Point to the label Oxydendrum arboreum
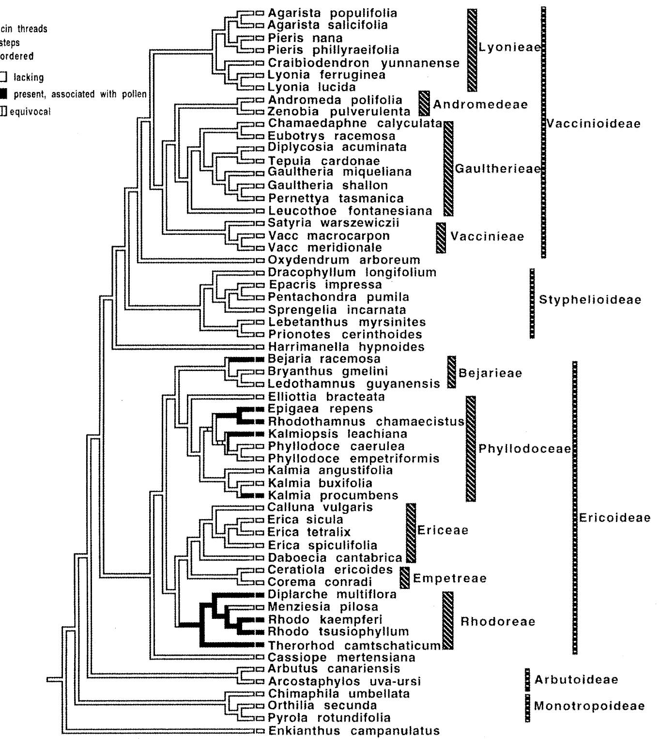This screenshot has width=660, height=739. (x=344, y=260)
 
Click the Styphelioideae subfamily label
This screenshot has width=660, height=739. (x=590, y=299)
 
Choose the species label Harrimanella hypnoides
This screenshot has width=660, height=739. (x=346, y=347)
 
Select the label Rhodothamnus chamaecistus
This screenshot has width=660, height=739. (x=366, y=421)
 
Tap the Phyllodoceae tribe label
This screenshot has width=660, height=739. (x=524, y=448)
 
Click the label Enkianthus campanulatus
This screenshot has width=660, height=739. (x=353, y=731)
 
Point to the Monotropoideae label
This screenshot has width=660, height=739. (x=589, y=706)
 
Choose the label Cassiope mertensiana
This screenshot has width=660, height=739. (x=341, y=658)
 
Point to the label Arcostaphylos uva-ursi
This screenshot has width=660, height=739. (x=344, y=681)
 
